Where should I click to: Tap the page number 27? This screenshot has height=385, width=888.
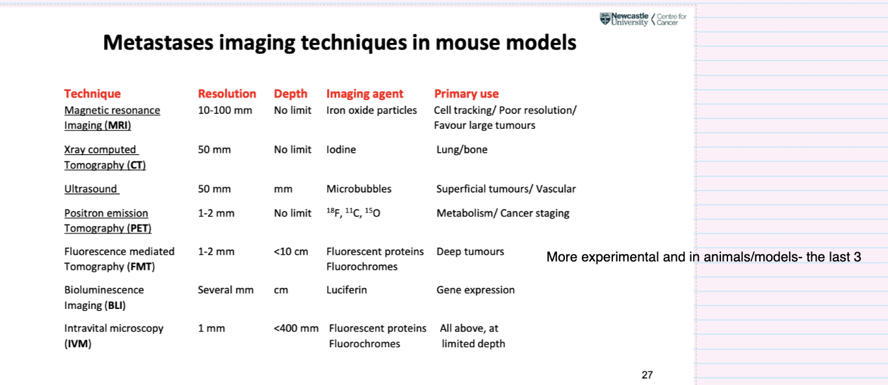coord(647,375)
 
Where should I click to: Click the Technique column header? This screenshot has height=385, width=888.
coord(92,94)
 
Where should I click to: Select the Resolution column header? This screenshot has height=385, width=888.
coord(227,94)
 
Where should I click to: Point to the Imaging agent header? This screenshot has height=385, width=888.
coord(364,94)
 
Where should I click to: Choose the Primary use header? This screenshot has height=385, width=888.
coord(466,94)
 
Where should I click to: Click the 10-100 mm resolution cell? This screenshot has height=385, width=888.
coord(225,110)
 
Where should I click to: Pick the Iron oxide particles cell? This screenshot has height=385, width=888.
coord(371,110)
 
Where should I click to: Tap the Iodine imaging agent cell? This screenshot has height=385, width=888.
coord(341,150)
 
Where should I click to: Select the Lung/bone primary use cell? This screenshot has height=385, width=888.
coord(462,150)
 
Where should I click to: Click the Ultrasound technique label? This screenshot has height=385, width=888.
coord(91,189)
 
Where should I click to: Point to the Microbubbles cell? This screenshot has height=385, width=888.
coord(359,189)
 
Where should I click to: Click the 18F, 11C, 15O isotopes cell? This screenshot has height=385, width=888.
coord(353,213)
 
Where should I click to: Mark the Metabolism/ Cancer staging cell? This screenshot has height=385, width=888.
coord(503,213)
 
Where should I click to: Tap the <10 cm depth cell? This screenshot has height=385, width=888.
coord(291,252)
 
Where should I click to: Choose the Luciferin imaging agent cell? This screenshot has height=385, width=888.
coord(346,290)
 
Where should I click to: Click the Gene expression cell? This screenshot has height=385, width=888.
coord(475,290)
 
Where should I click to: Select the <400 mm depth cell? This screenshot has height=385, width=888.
coord(296,328)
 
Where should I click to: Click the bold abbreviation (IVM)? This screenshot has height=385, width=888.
coord(78,344)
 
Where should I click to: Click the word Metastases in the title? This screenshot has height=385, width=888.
coord(158,42)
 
